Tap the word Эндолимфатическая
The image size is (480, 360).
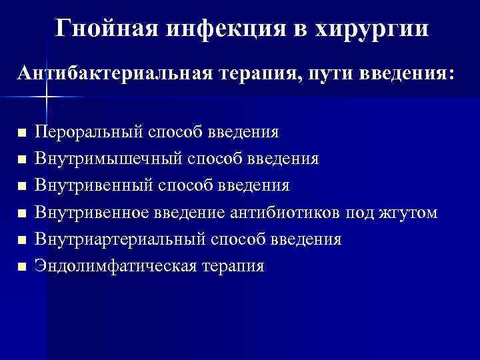tap(117, 267)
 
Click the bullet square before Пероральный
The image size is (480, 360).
tap(23, 133)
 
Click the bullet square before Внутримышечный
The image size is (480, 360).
tap(23, 160)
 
